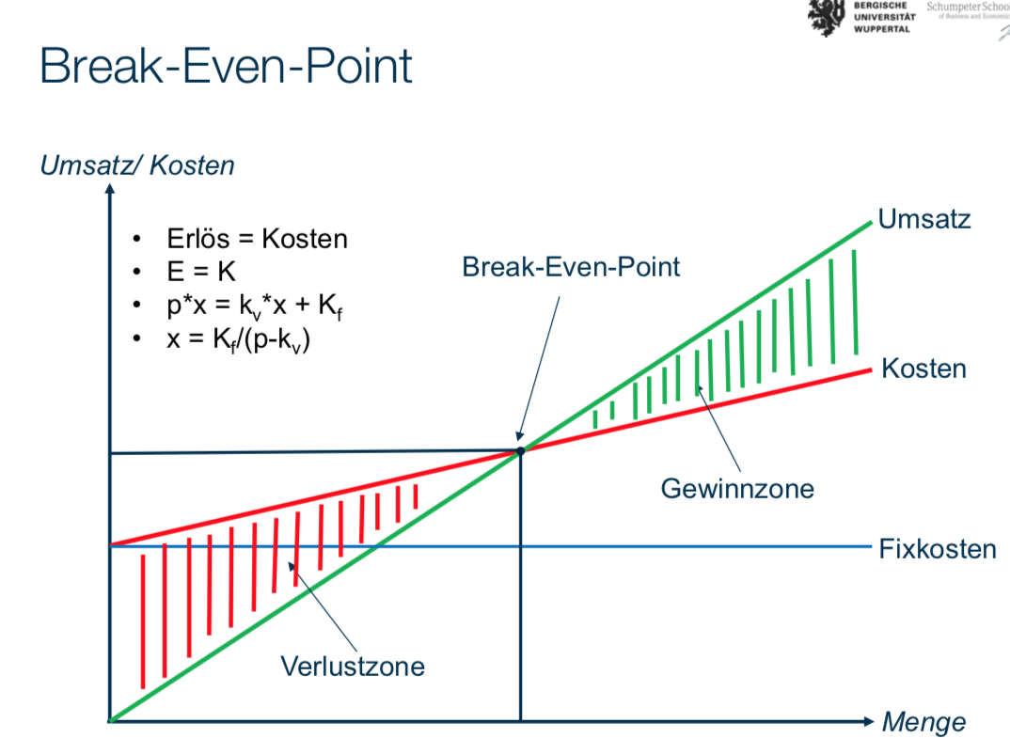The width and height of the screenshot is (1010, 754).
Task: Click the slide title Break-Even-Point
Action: point(226,67)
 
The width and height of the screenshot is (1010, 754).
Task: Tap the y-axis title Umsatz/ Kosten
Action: point(137,165)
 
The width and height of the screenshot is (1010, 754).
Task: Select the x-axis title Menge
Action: point(923,722)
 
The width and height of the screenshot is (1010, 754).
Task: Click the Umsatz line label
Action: point(923,220)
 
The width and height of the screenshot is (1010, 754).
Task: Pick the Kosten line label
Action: point(923,369)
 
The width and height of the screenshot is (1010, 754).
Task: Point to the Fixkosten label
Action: point(937,548)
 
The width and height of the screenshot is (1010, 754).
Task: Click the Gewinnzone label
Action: point(736,489)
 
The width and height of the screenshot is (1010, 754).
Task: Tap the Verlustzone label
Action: point(353,667)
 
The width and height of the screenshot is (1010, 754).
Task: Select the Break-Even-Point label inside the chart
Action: point(571,267)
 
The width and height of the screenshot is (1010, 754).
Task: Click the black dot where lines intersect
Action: point(519,451)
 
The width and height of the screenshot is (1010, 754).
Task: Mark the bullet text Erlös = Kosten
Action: point(257,239)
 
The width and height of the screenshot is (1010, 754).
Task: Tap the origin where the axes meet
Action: point(110,721)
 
